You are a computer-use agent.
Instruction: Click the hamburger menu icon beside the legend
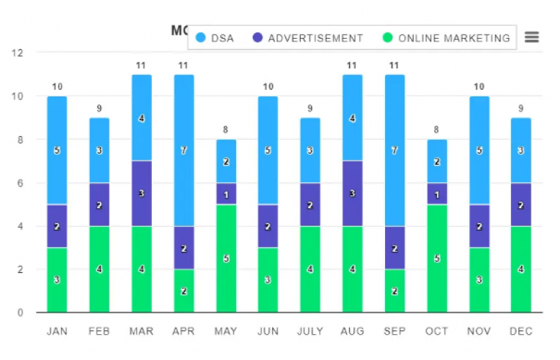tap(532, 37)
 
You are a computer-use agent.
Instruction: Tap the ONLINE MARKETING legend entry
tap(446, 38)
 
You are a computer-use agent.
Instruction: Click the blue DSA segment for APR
tap(184, 150)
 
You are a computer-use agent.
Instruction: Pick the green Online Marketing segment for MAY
tap(226, 258)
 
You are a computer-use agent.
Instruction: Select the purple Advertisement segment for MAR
tap(142, 193)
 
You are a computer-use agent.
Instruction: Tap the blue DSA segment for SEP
tap(394, 150)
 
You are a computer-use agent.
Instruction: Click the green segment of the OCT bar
tap(436, 258)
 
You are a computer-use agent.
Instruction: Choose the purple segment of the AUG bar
tap(352, 193)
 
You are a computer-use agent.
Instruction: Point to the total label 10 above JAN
tap(58, 87)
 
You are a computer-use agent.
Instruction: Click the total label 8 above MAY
tap(226, 130)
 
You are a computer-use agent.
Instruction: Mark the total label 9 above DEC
tap(520, 109)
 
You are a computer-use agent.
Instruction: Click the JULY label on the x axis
tap(310, 331)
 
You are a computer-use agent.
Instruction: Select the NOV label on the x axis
tap(478, 331)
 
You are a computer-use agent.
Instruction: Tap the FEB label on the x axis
tap(99, 331)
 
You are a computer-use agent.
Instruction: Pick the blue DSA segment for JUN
tap(268, 150)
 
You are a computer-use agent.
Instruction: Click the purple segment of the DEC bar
tap(520, 204)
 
